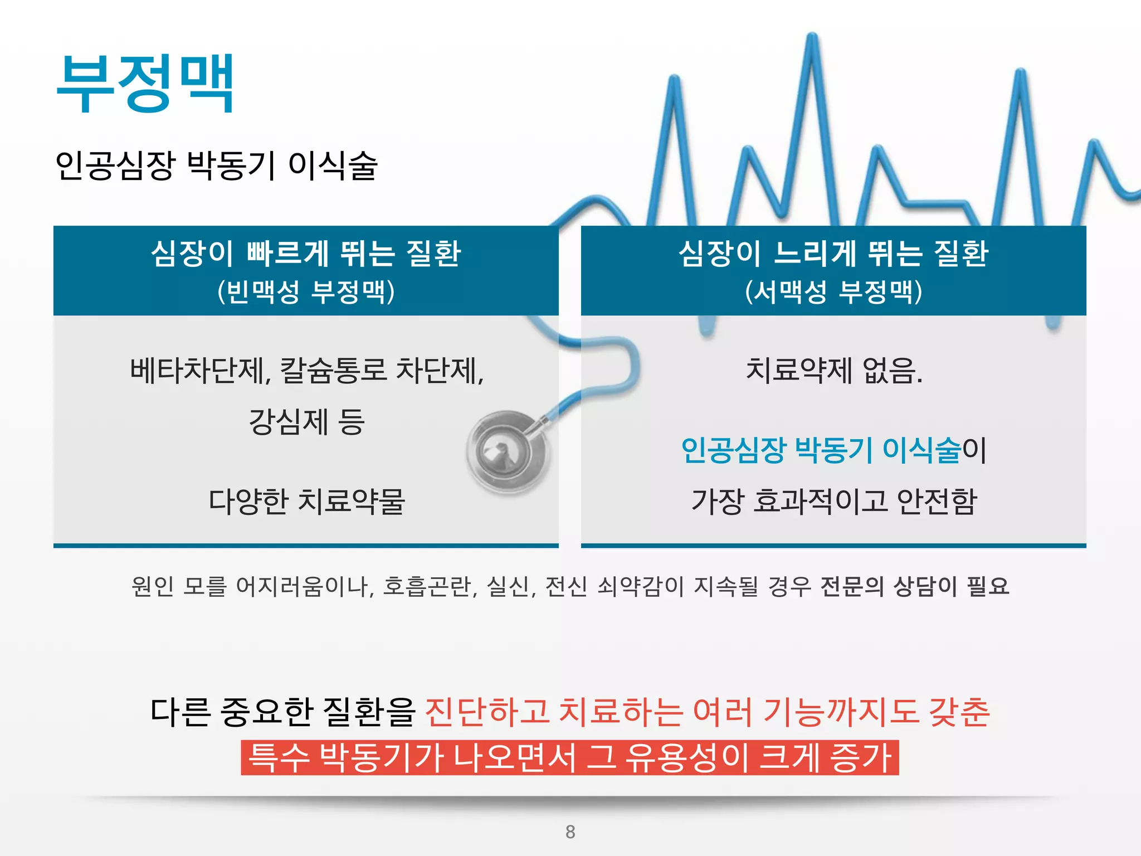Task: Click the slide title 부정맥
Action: [145, 84]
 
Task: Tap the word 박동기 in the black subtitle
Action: [231, 166]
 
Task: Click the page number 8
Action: [570, 831]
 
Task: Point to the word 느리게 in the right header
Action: [815, 254]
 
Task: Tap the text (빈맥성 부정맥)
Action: [306, 291]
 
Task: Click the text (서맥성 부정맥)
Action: [833, 291]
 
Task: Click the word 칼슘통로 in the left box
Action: [333, 371]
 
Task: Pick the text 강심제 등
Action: [306, 422]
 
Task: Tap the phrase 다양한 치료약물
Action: [306, 501]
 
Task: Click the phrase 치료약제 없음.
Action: [833, 371]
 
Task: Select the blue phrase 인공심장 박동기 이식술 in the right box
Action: [821, 450]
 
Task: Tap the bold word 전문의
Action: [851, 586]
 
